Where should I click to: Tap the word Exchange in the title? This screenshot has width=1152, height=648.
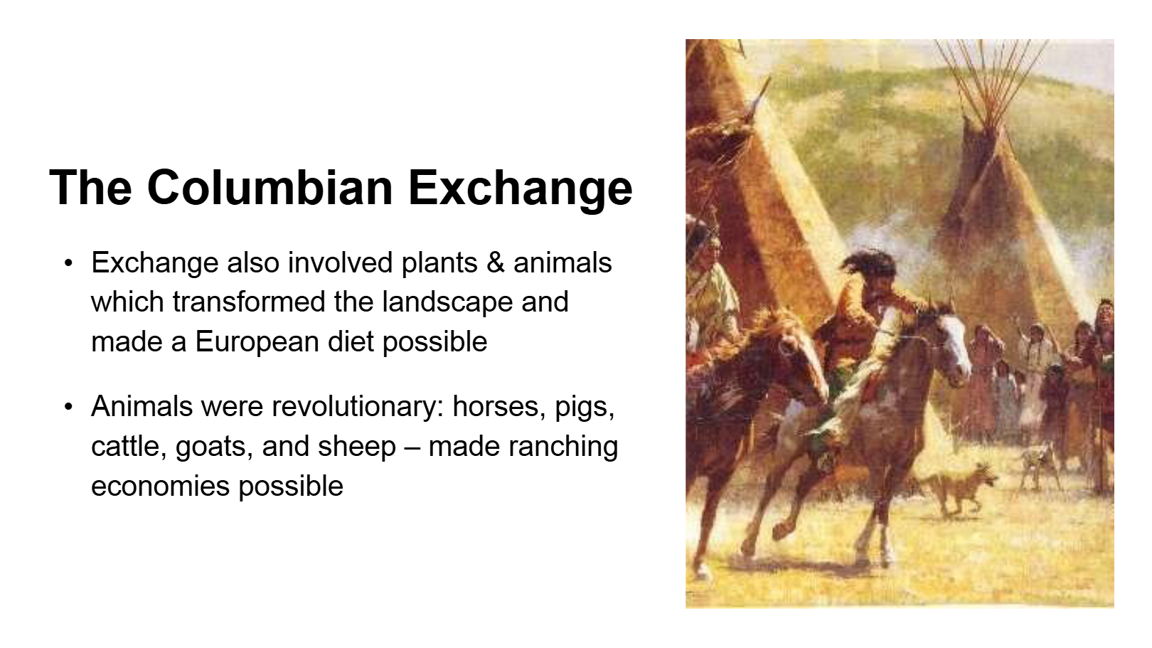(520, 188)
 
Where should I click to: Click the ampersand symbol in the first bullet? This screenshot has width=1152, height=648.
(495, 262)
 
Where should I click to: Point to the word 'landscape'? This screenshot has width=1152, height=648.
(447, 302)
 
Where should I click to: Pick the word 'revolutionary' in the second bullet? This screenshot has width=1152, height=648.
(358, 407)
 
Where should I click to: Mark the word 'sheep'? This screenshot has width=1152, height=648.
(357, 447)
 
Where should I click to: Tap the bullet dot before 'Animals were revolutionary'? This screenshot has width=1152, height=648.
(68, 408)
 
